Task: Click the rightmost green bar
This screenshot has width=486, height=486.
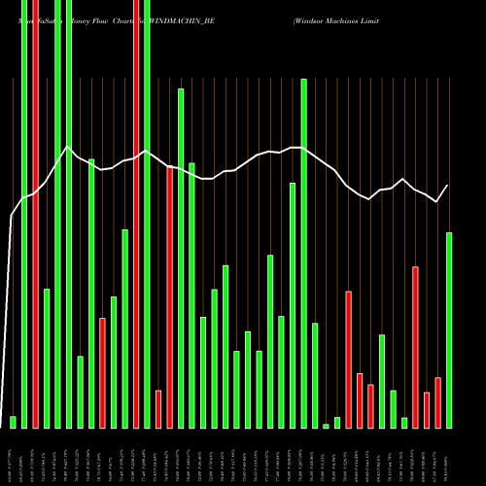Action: [x=449, y=330]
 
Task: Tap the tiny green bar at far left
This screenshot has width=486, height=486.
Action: [x=13, y=422]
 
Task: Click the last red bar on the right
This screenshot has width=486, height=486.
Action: [x=437, y=402]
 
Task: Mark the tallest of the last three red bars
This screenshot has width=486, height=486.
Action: [x=415, y=347]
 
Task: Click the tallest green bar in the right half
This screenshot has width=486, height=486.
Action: [x=303, y=253]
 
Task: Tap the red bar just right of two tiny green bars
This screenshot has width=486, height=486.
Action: [x=348, y=360]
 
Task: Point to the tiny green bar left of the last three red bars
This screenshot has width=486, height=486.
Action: [x=404, y=423]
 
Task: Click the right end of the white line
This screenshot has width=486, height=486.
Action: [x=448, y=185]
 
